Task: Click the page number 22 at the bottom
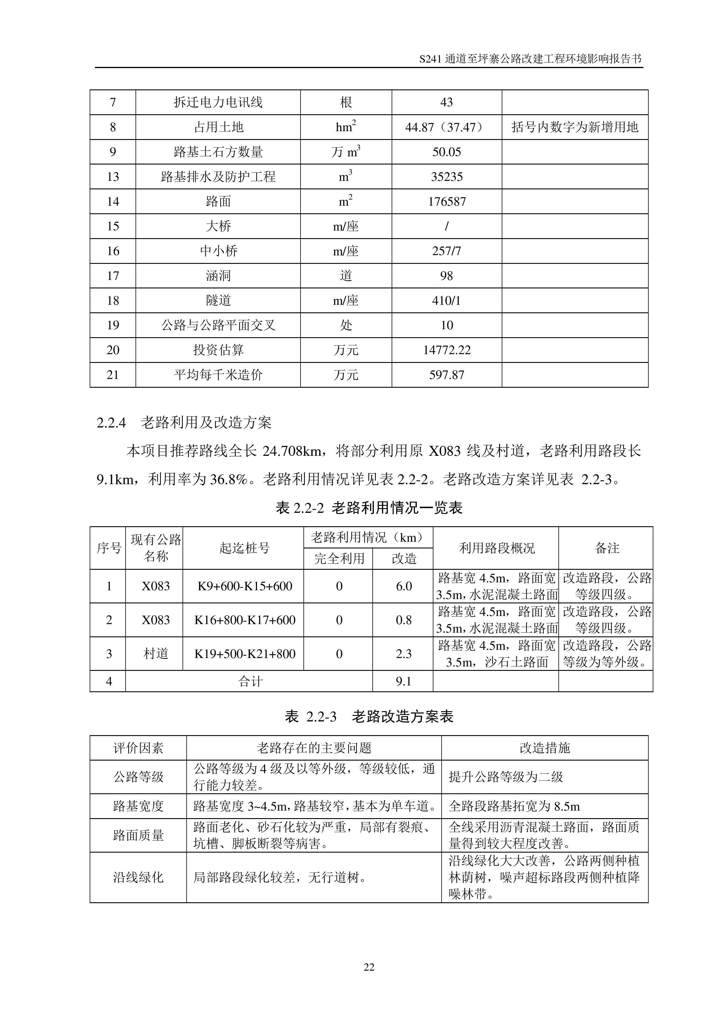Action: pyautogui.click(x=369, y=967)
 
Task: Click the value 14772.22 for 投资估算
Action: pyautogui.click(x=447, y=350)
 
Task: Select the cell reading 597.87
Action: pyautogui.click(x=447, y=375)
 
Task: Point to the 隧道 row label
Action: pyautogui.click(x=218, y=300)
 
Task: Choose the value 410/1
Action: pyautogui.click(x=447, y=300)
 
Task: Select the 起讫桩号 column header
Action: pyautogui.click(x=244, y=548)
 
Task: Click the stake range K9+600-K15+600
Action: pyautogui.click(x=244, y=586)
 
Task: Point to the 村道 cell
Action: pyautogui.click(x=155, y=654)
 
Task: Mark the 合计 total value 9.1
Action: pyautogui.click(x=403, y=681)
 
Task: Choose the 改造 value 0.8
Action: pyautogui.click(x=403, y=620)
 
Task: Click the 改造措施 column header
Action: pyautogui.click(x=545, y=748)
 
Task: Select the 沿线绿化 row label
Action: pyautogui.click(x=138, y=877)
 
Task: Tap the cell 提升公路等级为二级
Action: pyautogui.click(x=506, y=777)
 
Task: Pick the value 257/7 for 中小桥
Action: pyautogui.click(x=447, y=251)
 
